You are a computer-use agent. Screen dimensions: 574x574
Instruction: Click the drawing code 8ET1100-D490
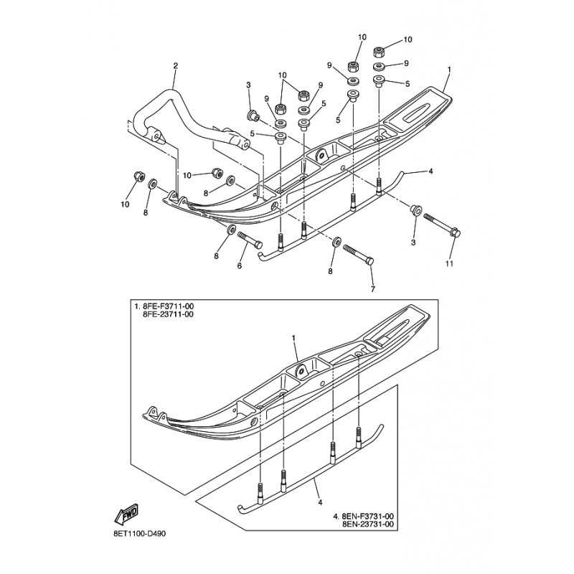click(x=139, y=534)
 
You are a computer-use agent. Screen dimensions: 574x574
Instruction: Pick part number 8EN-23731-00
click(x=367, y=524)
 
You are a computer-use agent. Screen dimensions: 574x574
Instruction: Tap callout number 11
click(x=449, y=263)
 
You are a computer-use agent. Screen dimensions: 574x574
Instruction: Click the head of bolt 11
click(x=456, y=232)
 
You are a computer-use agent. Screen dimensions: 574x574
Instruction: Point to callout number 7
click(x=373, y=289)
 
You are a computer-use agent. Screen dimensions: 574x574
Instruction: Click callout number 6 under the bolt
click(x=240, y=265)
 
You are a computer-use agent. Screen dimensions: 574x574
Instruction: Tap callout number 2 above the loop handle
click(x=176, y=66)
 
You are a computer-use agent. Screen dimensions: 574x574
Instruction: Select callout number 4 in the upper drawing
click(x=431, y=171)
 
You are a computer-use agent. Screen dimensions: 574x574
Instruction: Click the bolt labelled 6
click(x=250, y=240)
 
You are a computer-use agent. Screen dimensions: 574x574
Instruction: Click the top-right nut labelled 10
click(x=379, y=52)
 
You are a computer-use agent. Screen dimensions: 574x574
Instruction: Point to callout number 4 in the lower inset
click(x=320, y=503)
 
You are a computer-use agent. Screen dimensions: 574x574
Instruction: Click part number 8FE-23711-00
click(x=168, y=314)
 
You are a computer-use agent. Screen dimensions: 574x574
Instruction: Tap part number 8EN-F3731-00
click(x=367, y=516)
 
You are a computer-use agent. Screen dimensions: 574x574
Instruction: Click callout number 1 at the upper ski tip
click(x=449, y=69)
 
